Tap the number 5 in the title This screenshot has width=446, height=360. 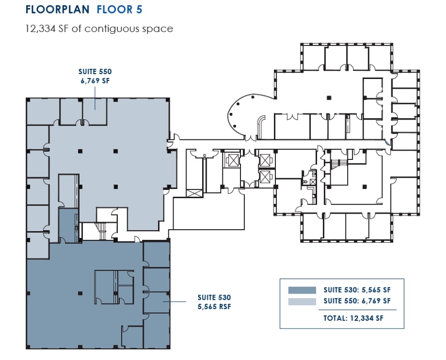140,9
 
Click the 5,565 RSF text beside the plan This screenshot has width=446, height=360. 214,306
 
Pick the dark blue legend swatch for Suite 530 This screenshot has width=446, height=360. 302,290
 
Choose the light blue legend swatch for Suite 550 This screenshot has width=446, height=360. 302,301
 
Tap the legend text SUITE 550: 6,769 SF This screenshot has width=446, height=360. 357,301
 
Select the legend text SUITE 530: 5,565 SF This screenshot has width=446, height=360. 357,290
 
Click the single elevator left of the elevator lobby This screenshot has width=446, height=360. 232,160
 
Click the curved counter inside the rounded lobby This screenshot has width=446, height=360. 261,126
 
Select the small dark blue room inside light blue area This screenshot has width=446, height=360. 68,226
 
